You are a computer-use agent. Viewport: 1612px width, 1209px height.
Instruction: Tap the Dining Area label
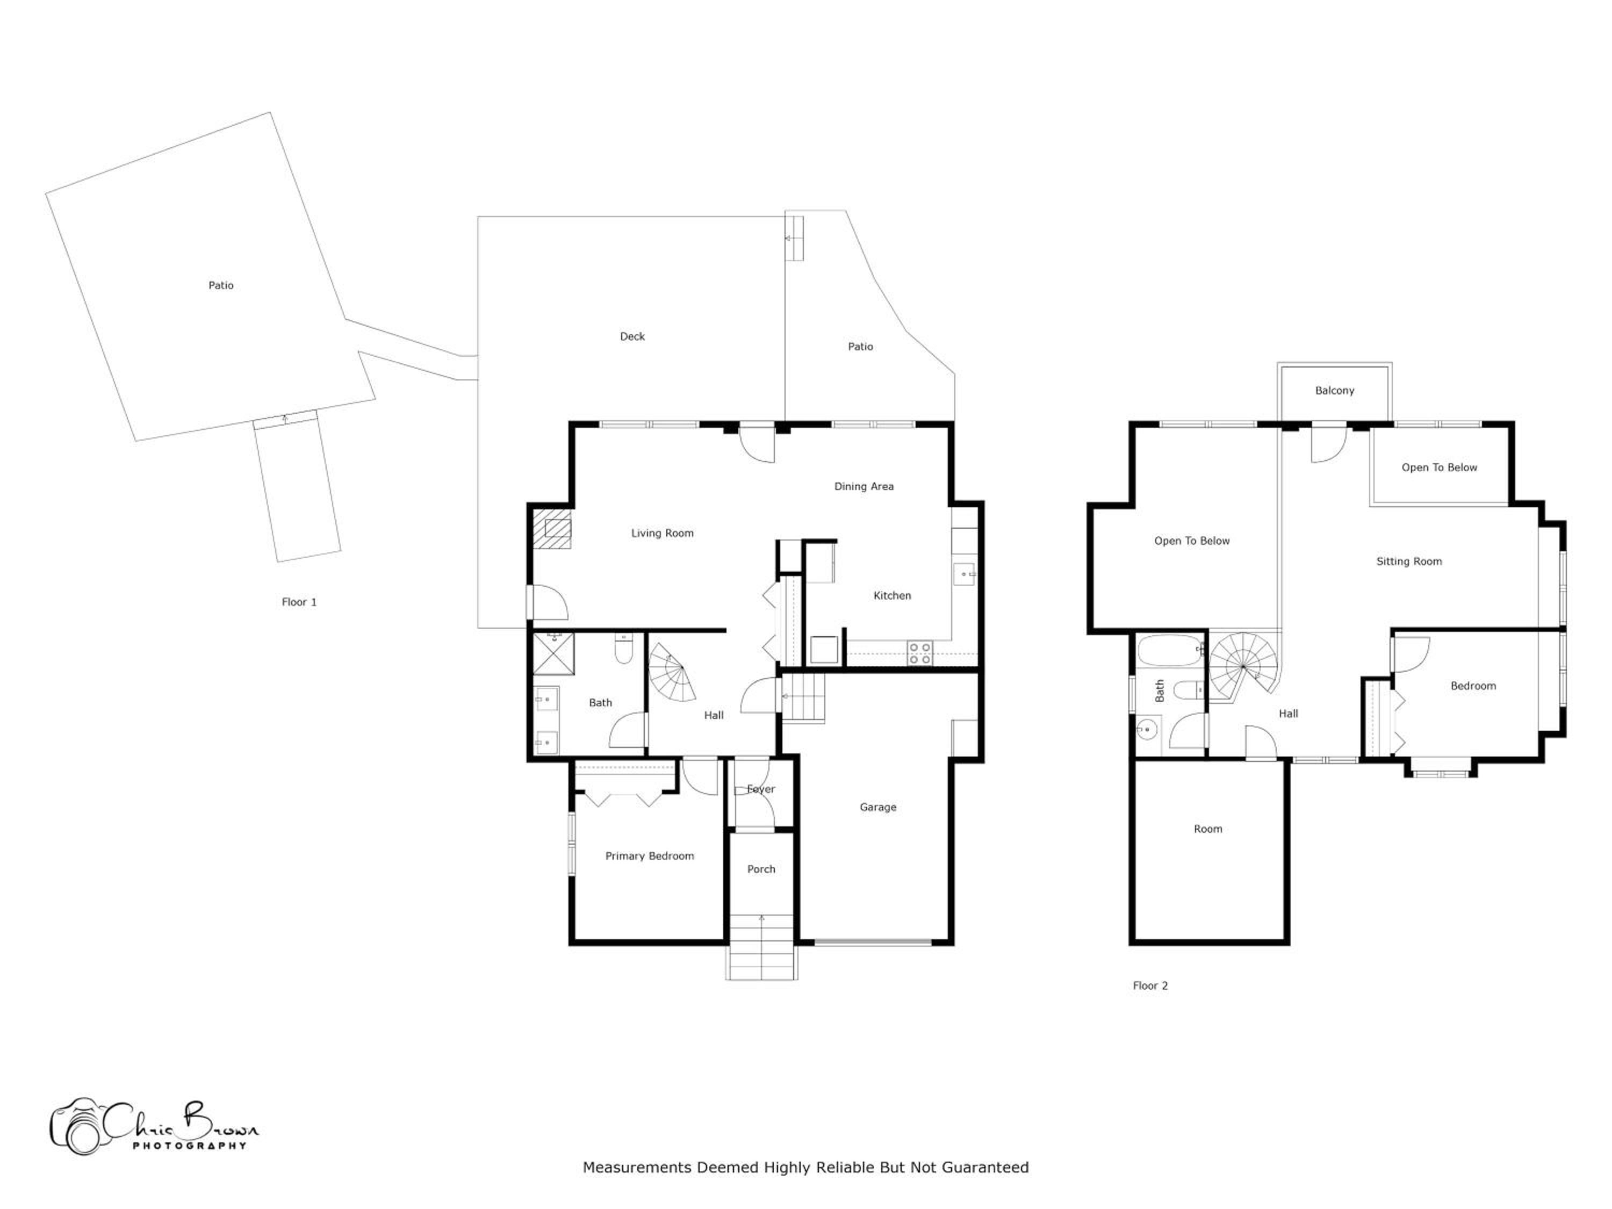pyautogui.click(x=863, y=487)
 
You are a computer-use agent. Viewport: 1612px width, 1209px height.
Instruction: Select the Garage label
pyautogui.click(x=877, y=808)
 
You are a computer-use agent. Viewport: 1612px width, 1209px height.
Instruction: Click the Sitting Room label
pyautogui.click(x=1409, y=562)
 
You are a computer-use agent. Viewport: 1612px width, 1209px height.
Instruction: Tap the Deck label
pyautogui.click(x=632, y=337)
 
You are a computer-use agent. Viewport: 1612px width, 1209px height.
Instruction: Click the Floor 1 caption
pyautogui.click(x=299, y=602)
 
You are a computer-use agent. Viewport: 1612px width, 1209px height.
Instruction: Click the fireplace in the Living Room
pyautogui.click(x=552, y=528)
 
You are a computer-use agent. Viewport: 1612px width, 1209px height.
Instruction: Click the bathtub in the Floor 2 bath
pyautogui.click(x=1170, y=651)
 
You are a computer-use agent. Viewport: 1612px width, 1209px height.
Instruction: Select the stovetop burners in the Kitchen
pyautogui.click(x=920, y=653)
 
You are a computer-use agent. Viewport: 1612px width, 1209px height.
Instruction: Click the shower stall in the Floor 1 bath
pyautogui.click(x=554, y=654)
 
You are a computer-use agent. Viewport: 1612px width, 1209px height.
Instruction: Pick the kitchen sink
pyautogui.click(x=964, y=574)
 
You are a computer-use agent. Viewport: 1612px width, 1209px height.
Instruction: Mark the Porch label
pyautogui.click(x=761, y=869)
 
